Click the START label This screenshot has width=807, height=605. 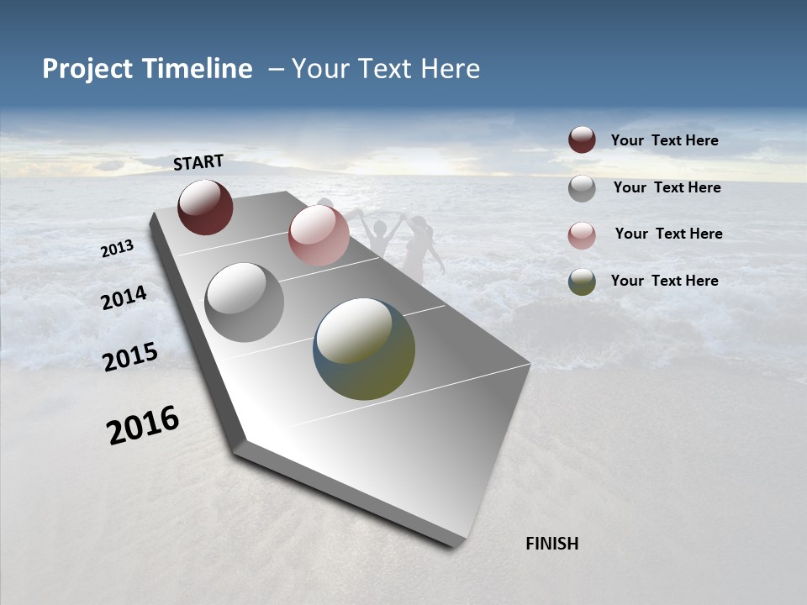(198, 162)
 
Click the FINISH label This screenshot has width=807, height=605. (551, 544)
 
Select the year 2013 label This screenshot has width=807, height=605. (118, 249)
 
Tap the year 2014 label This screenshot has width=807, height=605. (124, 297)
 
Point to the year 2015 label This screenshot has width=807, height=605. (130, 357)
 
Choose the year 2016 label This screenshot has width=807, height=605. (143, 425)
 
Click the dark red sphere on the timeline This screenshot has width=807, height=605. (205, 208)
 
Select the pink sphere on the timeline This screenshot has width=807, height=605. (319, 235)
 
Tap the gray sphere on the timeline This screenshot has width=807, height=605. (245, 302)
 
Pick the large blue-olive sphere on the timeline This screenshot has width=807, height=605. (364, 349)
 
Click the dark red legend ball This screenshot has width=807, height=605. (582, 140)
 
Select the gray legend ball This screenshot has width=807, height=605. (582, 188)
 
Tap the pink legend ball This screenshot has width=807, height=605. (582, 234)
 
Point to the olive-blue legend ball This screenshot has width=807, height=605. (582, 281)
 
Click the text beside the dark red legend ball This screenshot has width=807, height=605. (664, 140)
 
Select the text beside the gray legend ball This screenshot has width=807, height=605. (667, 187)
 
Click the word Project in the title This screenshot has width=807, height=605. (87, 69)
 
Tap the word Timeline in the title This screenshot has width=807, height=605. (197, 69)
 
